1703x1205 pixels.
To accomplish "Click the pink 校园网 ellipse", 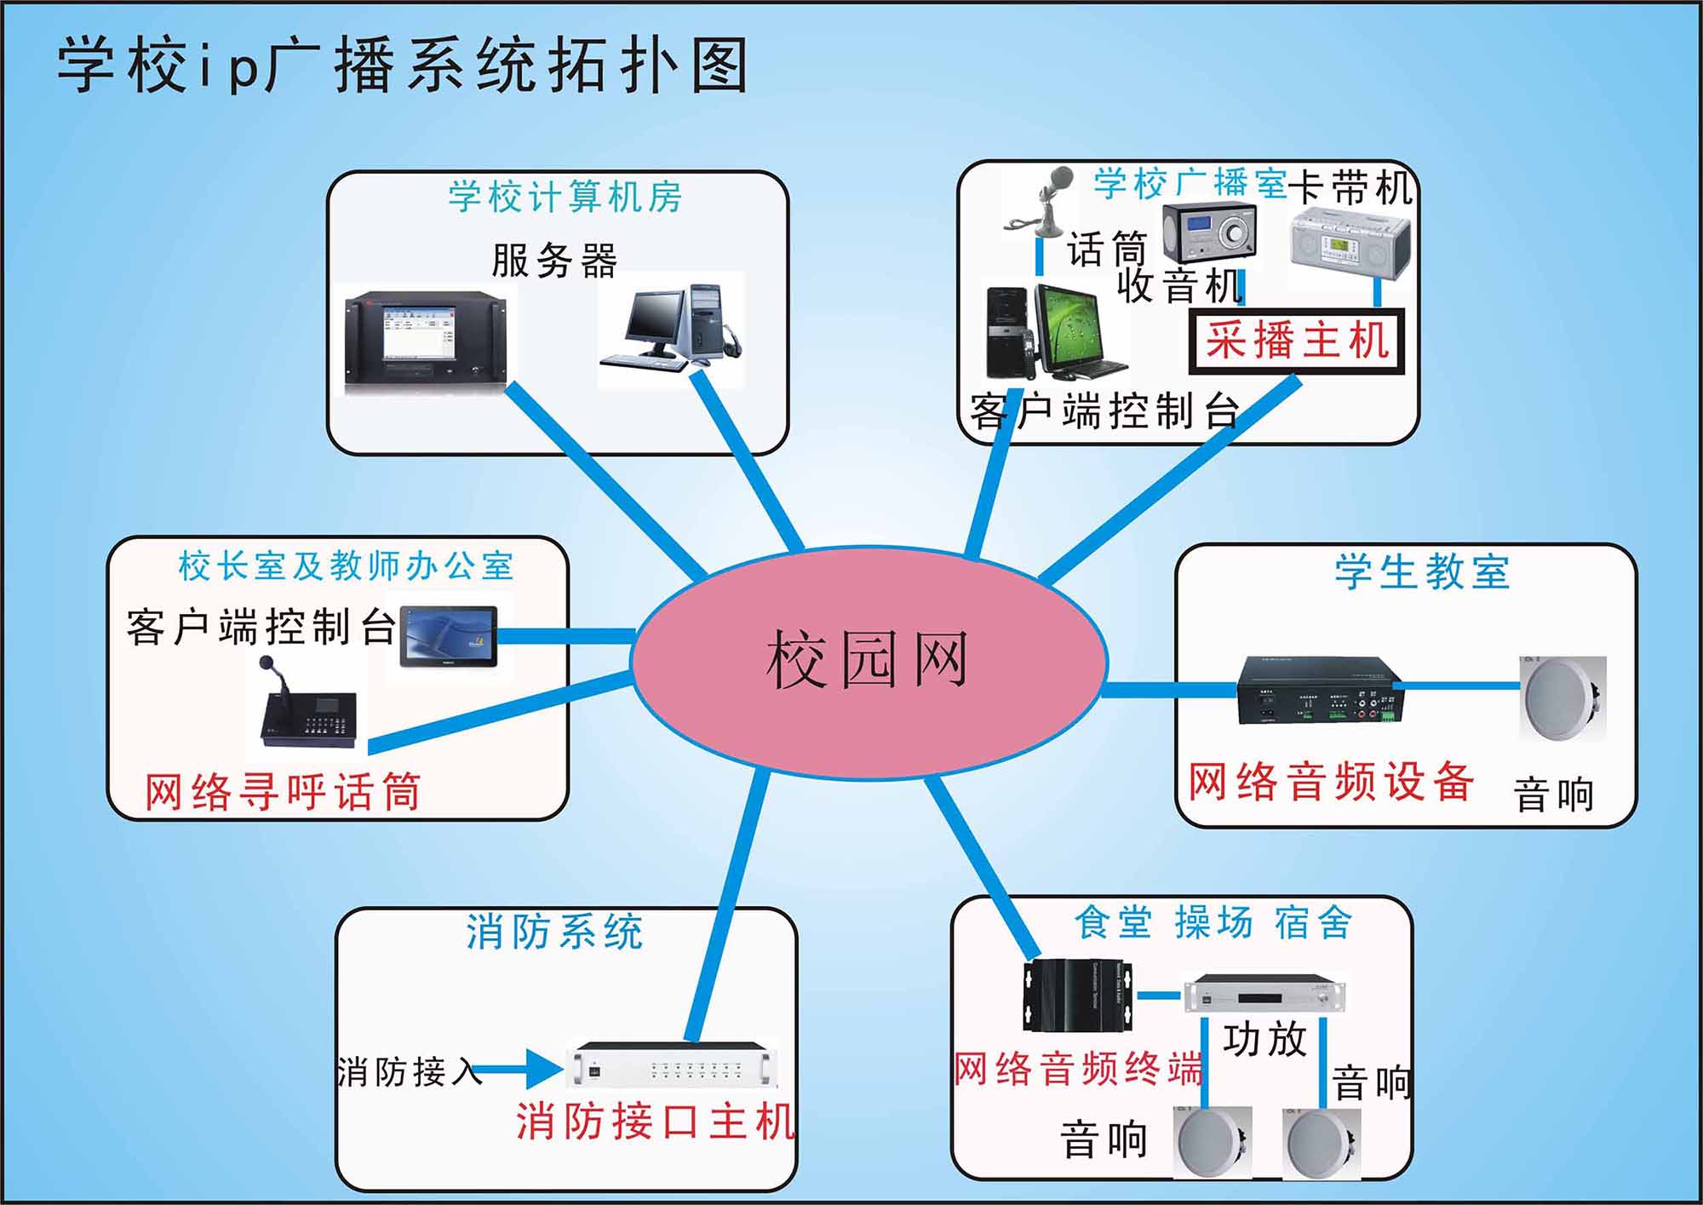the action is (x=869, y=662).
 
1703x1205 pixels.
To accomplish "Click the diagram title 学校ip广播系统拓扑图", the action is (x=403, y=66).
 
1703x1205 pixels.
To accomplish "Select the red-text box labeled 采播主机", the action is (x=1297, y=342).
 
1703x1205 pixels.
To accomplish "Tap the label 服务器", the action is (x=554, y=261).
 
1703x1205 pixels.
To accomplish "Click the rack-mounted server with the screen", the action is (x=431, y=339).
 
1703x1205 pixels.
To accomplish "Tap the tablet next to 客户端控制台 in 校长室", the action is (x=449, y=637).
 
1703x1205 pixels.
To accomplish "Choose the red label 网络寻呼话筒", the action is (x=283, y=791).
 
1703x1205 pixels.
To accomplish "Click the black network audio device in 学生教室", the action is (x=1319, y=691).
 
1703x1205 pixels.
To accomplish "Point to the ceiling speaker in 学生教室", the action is (x=1563, y=699).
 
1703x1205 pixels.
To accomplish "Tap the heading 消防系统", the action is (x=554, y=932).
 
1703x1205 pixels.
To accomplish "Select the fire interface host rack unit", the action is (x=672, y=1065).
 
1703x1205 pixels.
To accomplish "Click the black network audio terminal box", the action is (x=1078, y=996).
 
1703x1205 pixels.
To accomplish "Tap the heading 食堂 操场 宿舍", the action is (x=1213, y=922).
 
